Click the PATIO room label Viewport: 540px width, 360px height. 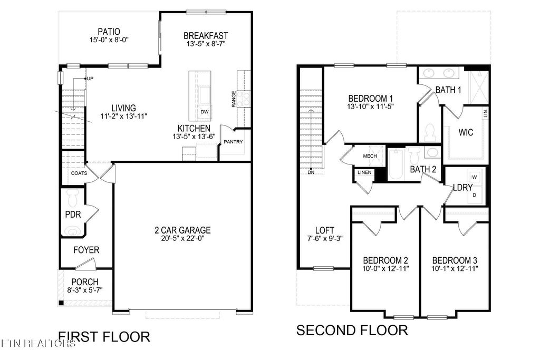click(x=109, y=31)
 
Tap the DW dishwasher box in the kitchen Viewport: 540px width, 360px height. click(x=204, y=112)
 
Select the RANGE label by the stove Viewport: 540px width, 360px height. click(x=234, y=99)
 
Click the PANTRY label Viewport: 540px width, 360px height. click(x=233, y=142)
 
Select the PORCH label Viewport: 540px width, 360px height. click(x=84, y=282)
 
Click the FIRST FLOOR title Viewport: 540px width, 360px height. click(x=104, y=336)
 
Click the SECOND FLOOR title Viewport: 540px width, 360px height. click(x=352, y=330)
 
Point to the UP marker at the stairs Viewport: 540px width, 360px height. click(x=90, y=79)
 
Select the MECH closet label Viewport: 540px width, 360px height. click(x=369, y=156)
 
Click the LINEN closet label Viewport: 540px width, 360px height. click(x=364, y=172)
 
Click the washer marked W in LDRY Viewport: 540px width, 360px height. click(x=474, y=177)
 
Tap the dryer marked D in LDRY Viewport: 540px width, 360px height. click(x=474, y=195)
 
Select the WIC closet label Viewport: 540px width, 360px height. click(x=466, y=132)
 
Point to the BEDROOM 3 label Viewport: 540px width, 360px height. click(x=455, y=260)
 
